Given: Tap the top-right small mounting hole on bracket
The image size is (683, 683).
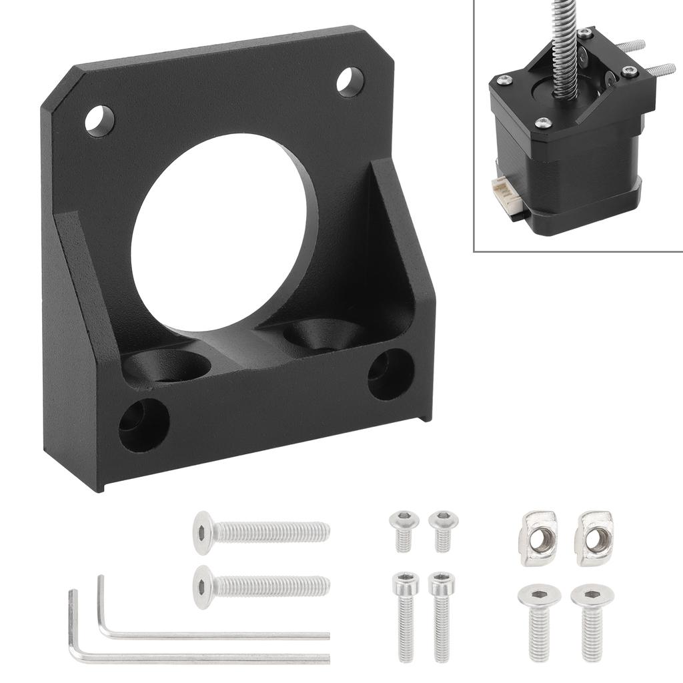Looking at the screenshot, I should [x=350, y=83].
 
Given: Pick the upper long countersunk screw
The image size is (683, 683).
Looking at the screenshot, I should [x=260, y=532].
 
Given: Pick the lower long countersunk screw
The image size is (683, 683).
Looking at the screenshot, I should [x=260, y=586].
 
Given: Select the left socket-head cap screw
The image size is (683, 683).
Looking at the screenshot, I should [x=405, y=607].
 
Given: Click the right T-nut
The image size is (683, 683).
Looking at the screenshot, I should [x=594, y=530].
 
